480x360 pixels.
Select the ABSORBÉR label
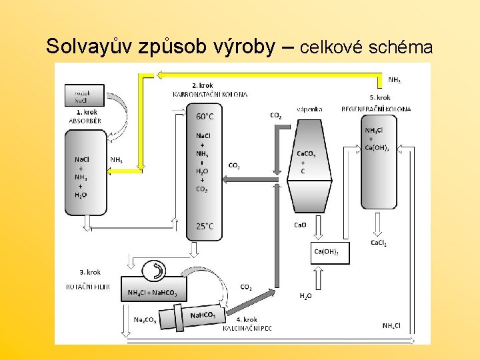[85, 121]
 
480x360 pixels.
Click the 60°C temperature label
[205, 116]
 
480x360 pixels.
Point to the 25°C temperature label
[205, 226]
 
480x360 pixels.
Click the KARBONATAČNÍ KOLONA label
[211, 95]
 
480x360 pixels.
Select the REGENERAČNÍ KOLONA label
[376, 109]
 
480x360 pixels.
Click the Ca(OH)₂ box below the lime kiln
[330, 251]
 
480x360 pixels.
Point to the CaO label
[301, 225]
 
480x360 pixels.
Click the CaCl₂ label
[379, 243]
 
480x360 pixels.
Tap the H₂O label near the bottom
[306, 295]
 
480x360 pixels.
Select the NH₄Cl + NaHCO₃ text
[157, 293]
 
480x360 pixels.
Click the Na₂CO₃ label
[145, 320]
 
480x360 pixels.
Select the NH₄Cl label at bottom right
[392, 325]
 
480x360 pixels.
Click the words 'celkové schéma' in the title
[367, 48]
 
